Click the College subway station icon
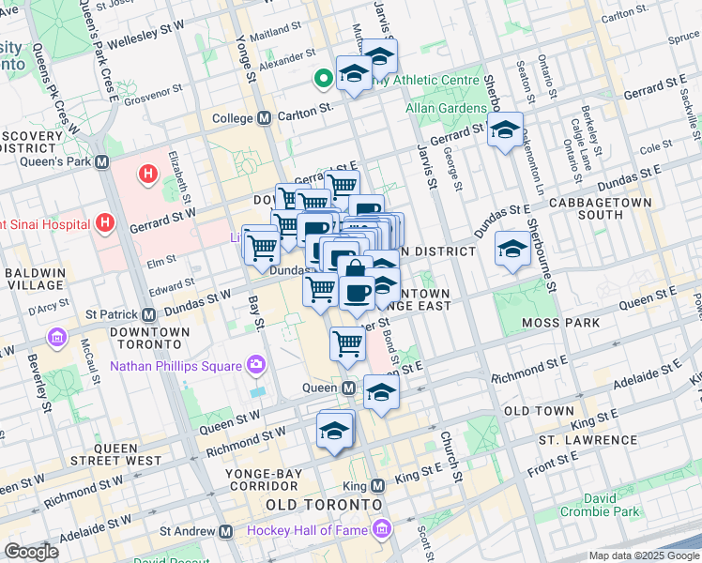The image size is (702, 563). pos(264,118)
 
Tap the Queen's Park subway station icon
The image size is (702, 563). pos(102,161)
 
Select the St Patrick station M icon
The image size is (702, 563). pos(149,314)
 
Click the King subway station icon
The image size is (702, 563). pos(377,486)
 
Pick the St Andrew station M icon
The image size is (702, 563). pos(225,531)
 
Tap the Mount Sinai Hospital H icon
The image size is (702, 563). pos(105,223)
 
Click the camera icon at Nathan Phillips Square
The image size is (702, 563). pos(255,365)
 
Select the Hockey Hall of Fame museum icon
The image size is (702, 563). pos(381,531)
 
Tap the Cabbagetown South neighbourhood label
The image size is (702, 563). pos(601,209)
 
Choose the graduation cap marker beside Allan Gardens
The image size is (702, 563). pos(505,130)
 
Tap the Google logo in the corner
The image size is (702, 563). pos(32,552)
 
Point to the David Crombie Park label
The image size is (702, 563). pos(602,503)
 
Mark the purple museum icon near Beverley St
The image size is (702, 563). pos(57,336)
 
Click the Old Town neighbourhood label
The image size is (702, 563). pos(538,411)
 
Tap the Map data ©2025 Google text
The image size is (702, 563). pos(644,555)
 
